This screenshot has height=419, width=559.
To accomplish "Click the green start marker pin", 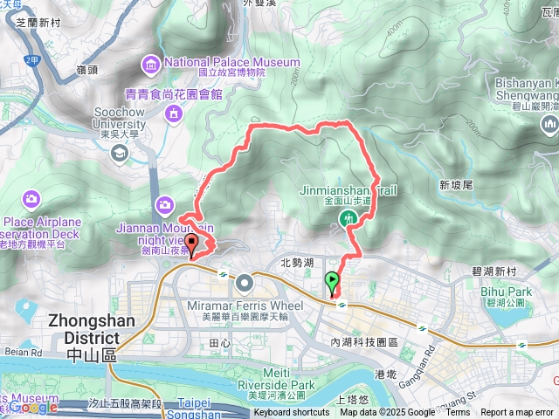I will pos(332,282).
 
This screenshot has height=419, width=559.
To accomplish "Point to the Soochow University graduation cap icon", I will pos(120,154).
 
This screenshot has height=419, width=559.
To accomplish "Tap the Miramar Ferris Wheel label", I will pos(245,306).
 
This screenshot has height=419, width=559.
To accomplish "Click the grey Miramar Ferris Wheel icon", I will pos(244,282).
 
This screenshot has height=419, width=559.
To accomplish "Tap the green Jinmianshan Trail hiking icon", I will pos(349,216).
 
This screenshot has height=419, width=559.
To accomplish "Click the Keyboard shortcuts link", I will pos(292,413).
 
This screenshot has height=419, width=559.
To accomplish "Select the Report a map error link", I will pos(517,413).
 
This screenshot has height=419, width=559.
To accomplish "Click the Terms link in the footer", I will pos(458,413).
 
